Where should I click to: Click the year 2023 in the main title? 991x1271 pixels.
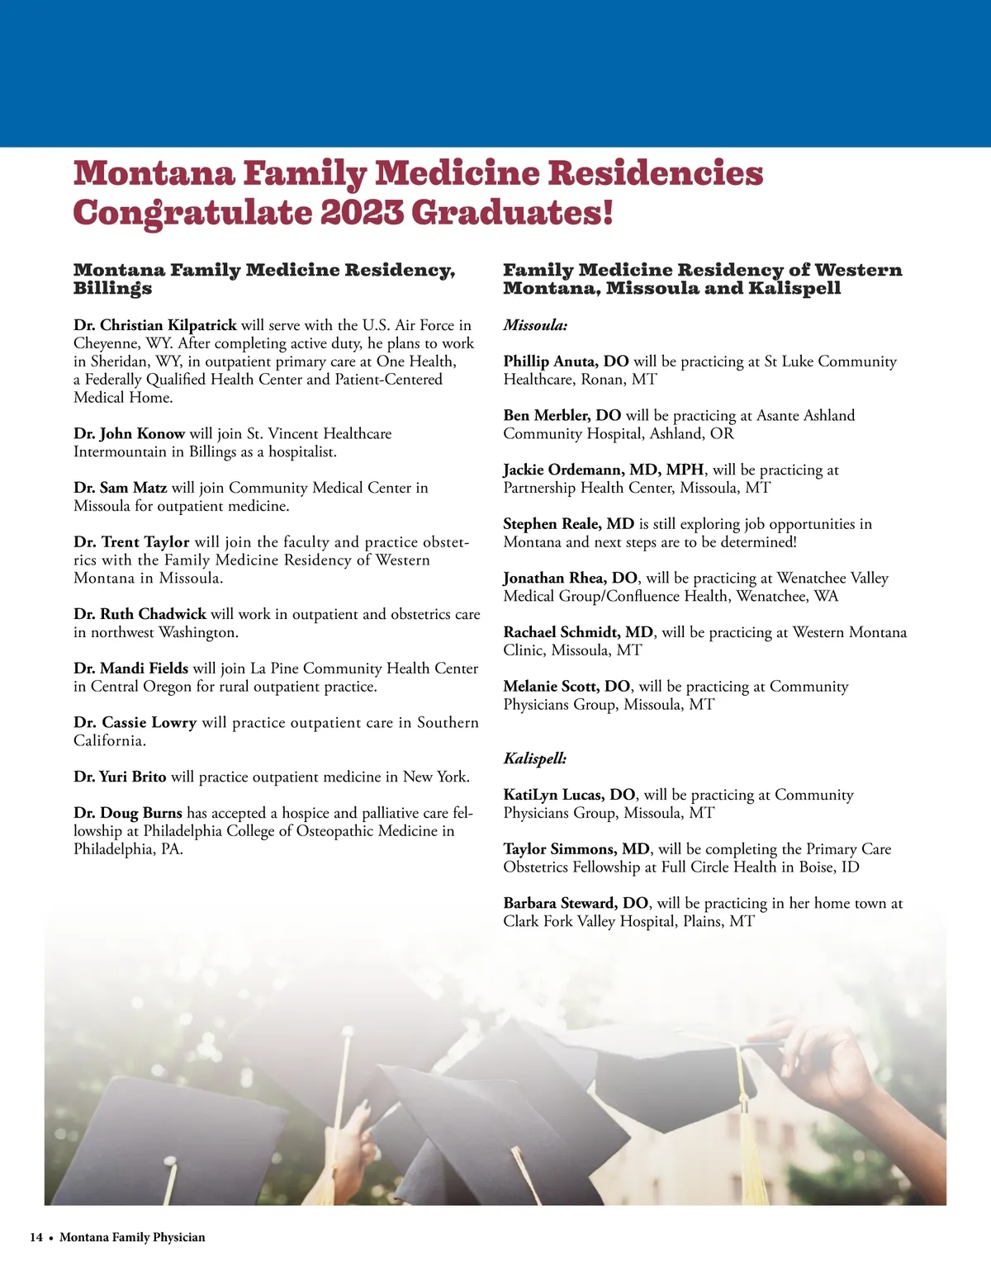pyautogui.click(x=362, y=213)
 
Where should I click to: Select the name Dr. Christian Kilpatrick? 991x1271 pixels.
pyautogui.click(x=155, y=325)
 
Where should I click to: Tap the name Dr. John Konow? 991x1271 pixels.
pyautogui.click(x=129, y=433)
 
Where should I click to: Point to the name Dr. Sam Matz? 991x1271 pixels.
pyautogui.click(x=120, y=488)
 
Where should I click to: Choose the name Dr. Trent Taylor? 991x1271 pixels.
pyautogui.click(x=131, y=542)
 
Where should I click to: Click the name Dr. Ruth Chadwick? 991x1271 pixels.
pyautogui.click(x=140, y=614)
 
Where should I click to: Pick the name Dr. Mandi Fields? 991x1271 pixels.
pyautogui.click(x=130, y=669)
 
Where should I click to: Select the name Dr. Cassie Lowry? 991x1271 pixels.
pyautogui.click(x=135, y=723)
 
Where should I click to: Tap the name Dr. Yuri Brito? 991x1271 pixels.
pyautogui.click(x=120, y=777)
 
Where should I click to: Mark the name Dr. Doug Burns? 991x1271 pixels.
pyautogui.click(x=127, y=813)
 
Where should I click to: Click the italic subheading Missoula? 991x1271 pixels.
pyautogui.click(x=535, y=325)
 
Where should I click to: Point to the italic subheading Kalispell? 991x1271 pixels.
pyautogui.click(x=535, y=758)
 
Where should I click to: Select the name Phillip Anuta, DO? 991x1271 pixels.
pyautogui.click(x=566, y=361)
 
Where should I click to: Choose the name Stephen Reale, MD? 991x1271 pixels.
pyautogui.click(x=568, y=524)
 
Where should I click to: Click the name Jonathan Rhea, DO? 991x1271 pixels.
pyautogui.click(x=570, y=579)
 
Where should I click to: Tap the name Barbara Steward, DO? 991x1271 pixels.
pyautogui.click(x=576, y=903)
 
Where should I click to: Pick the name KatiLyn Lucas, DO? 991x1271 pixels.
pyautogui.click(x=569, y=795)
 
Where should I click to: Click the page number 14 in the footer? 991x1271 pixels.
pyautogui.click(x=36, y=1237)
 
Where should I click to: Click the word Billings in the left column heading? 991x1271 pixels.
pyautogui.click(x=112, y=288)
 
